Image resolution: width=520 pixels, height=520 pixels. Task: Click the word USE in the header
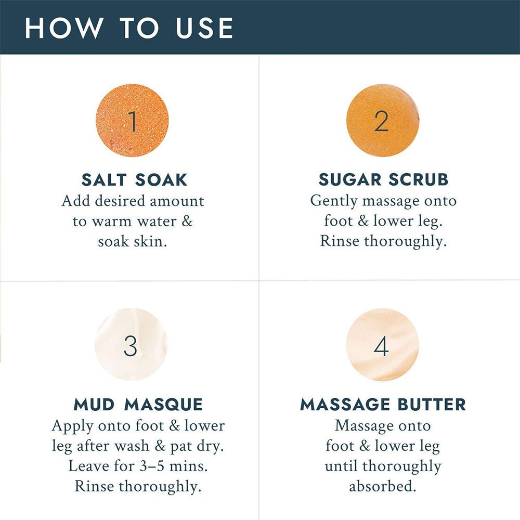[x=204, y=28]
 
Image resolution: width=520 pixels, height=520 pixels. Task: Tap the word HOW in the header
[x=63, y=28]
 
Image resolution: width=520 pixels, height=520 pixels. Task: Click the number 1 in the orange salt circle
[x=133, y=121]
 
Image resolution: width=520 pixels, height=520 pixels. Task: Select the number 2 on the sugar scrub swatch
[x=381, y=121]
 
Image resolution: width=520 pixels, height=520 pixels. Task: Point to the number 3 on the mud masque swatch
[x=131, y=346]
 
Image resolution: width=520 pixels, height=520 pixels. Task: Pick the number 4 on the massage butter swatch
[x=381, y=346]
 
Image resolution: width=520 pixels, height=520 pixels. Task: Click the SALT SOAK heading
[x=134, y=180]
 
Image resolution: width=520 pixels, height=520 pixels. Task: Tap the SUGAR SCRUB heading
[x=383, y=179]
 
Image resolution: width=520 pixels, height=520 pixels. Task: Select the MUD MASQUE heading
[x=138, y=405]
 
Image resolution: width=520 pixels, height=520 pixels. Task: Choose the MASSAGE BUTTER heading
[x=383, y=405]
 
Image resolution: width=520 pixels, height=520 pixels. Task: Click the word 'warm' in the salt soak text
[x=111, y=222]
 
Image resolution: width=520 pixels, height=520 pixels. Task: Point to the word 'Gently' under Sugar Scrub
[x=334, y=201]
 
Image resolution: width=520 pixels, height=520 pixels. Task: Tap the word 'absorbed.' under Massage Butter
[x=383, y=486]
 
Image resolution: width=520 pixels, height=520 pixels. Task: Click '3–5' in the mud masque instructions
[x=152, y=466]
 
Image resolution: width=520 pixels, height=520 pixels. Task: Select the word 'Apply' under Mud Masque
[x=73, y=426]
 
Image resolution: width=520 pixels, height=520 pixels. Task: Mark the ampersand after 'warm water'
[x=187, y=221]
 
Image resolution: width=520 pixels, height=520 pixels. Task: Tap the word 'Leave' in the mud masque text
[x=89, y=466]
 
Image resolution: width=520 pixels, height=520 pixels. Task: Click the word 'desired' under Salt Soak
[x=120, y=201]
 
